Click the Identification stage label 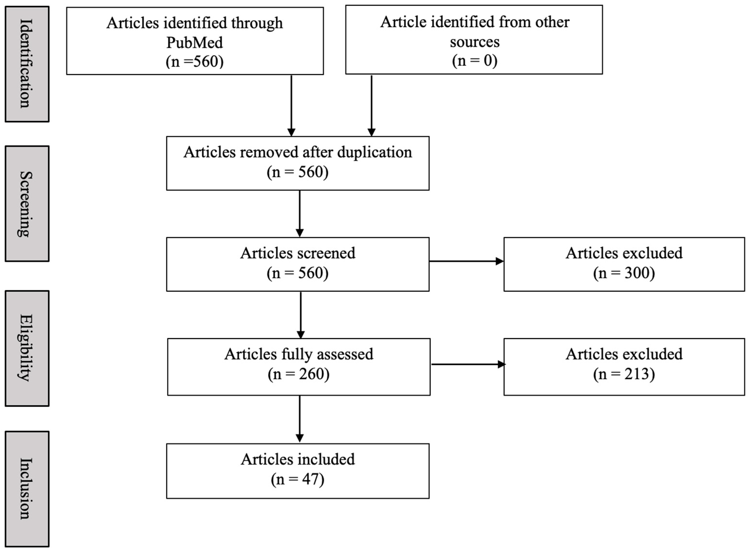(27, 64)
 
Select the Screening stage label (27, 204)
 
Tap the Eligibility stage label (27, 348)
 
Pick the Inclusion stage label (27, 489)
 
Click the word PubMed (194, 43)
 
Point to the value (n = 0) (474, 61)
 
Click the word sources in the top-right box (474, 42)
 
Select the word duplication (375, 153)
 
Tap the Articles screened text (298, 253)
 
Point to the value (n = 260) (298, 374)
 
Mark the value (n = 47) (298, 479)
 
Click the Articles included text (298, 459)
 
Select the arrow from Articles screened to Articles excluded (466, 261)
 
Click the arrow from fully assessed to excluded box (468, 364)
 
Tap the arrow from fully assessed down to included (300, 419)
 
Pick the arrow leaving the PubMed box (291, 106)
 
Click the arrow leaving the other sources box (371, 106)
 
